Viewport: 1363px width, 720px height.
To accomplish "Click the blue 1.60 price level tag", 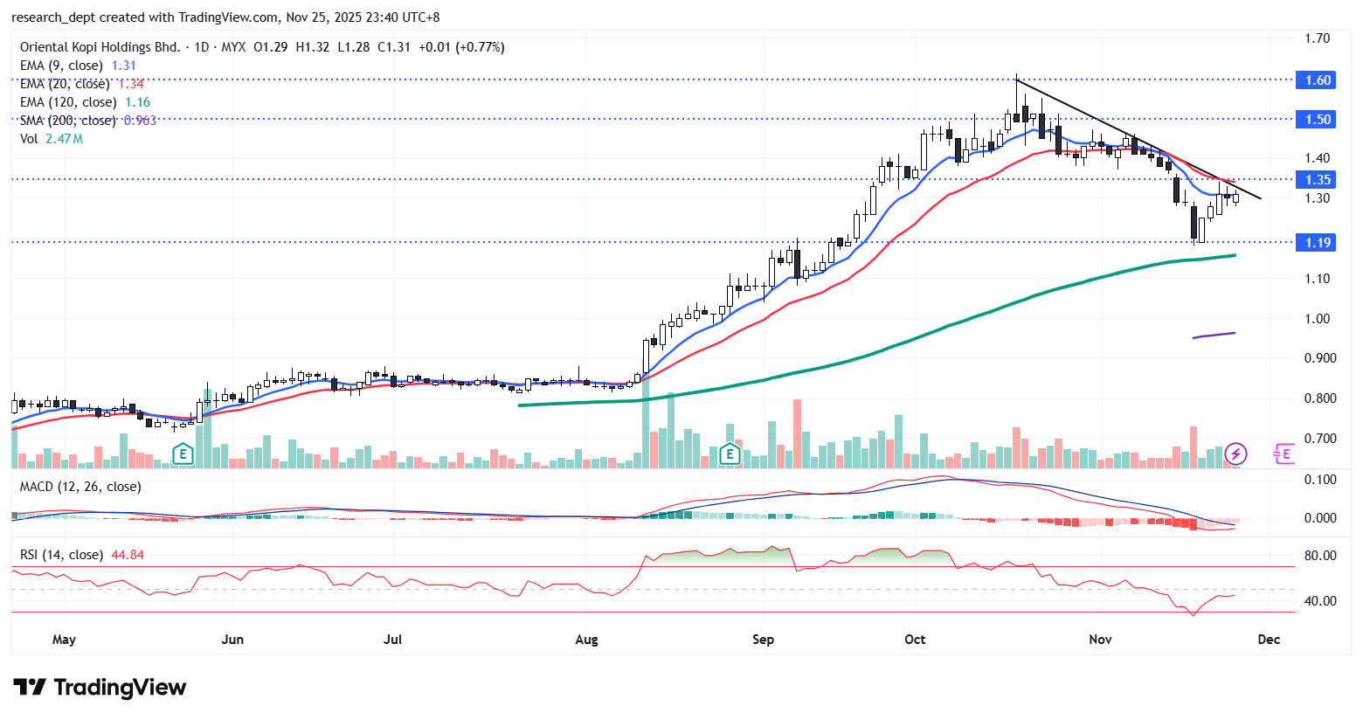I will [x=1318, y=80].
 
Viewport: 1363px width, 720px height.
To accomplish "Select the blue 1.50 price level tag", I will [x=1318, y=120].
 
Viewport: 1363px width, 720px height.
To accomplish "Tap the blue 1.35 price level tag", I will [x=1318, y=180].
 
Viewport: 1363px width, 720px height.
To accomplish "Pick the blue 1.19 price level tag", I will [x=1318, y=243].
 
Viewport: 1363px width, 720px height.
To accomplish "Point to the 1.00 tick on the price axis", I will [x=1317, y=319].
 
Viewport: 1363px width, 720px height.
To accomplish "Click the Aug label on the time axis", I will [x=586, y=640].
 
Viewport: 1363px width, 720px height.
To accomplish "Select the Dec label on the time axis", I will [x=1269, y=640].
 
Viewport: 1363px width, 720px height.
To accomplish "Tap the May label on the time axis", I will [x=64, y=640].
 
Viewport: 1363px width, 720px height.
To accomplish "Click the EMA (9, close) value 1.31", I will [x=124, y=66].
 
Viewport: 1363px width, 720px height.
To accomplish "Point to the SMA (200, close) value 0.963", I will [x=140, y=121].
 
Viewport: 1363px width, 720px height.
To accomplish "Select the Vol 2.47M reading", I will [x=64, y=139].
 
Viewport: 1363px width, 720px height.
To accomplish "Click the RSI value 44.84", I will [x=128, y=555].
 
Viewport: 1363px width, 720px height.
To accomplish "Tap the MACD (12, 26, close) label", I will [x=80, y=487].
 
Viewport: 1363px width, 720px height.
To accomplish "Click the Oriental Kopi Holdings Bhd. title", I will [x=100, y=47].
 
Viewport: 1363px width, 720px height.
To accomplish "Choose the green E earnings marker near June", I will [x=182, y=453].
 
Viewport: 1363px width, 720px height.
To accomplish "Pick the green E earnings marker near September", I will [x=730, y=453].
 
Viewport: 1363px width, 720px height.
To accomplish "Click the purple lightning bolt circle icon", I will [x=1235, y=453].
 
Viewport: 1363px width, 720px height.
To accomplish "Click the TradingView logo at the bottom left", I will [x=100, y=688].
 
